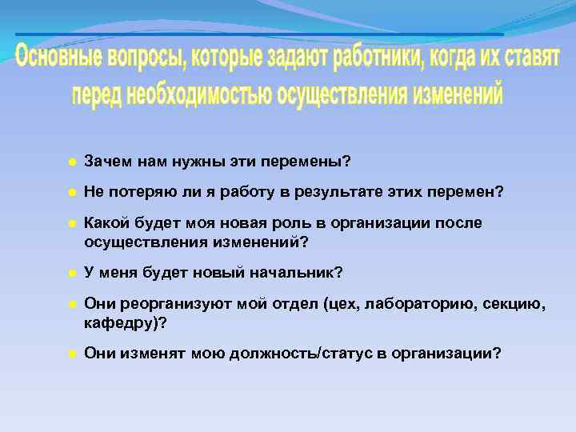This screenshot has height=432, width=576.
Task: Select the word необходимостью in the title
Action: (x=195, y=95)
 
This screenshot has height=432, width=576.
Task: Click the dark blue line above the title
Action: (x=259, y=35)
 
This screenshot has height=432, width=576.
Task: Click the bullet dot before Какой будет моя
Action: (x=71, y=224)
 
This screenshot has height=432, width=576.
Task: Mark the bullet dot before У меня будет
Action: (x=71, y=274)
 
